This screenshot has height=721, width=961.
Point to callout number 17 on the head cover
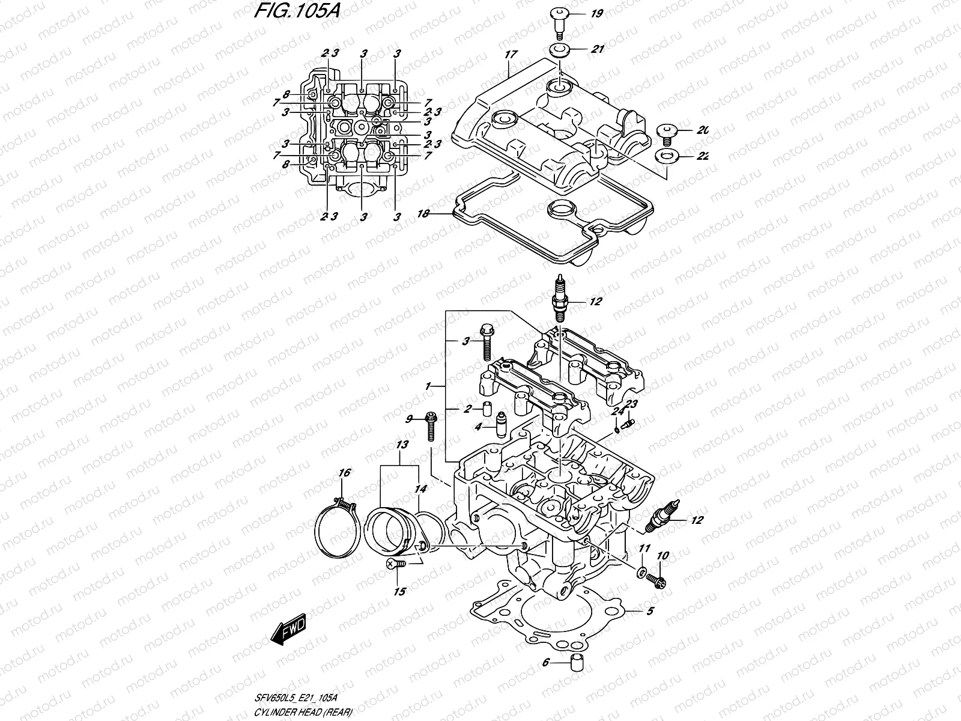[x=511, y=55]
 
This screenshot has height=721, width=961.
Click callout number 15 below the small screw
[x=399, y=591]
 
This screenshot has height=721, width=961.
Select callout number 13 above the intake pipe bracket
[x=402, y=445]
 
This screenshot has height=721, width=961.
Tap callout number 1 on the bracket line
[x=428, y=386]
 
